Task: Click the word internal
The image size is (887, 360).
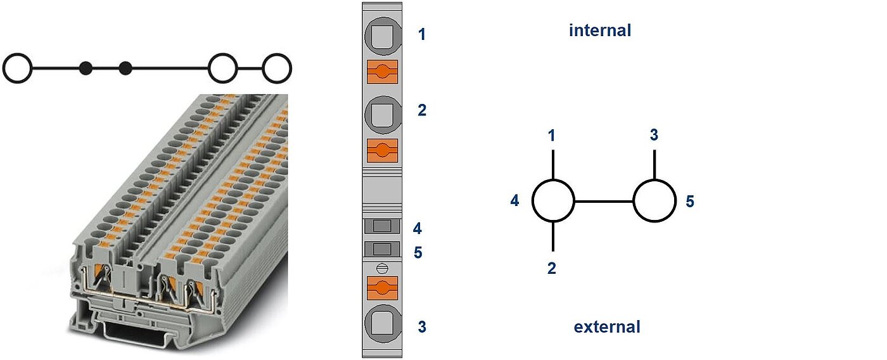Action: [599, 30]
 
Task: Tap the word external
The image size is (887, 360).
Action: [606, 327]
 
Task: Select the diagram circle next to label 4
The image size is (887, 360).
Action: [553, 201]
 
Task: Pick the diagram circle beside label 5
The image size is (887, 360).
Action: [654, 201]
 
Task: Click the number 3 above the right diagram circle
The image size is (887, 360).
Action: [654, 135]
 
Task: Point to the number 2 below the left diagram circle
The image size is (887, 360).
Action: [552, 268]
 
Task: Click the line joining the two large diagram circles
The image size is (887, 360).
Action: [604, 202]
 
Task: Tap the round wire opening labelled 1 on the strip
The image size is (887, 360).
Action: [382, 37]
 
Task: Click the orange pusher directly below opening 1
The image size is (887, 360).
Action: [382, 72]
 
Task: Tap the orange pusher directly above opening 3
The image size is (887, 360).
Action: [382, 288]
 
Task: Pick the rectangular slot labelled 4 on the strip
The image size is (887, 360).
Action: [381, 226]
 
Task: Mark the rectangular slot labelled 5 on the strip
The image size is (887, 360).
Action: [381, 248]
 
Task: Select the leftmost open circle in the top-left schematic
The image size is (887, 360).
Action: [17, 68]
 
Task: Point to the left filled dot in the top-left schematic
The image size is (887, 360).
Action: [86, 68]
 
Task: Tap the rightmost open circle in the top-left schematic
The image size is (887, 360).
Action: [277, 68]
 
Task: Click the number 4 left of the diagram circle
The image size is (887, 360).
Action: [514, 201]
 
